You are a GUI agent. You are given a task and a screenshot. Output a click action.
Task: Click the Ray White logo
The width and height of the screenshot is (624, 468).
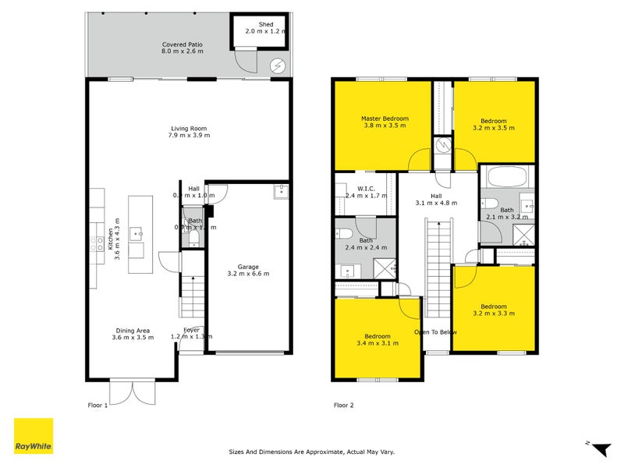click(34, 436)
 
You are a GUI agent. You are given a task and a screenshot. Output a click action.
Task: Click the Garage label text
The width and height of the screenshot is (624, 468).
click(248, 270)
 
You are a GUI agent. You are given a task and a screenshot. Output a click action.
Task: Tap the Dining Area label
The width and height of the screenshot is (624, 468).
click(130, 333)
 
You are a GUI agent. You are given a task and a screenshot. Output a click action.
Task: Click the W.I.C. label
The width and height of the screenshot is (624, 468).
click(367, 188)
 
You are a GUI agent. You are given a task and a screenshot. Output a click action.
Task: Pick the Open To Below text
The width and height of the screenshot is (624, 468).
click(435, 332)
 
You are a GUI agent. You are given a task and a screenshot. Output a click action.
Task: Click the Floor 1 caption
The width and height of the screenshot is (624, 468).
click(97, 405)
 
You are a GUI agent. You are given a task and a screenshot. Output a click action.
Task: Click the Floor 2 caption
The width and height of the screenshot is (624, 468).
click(344, 405)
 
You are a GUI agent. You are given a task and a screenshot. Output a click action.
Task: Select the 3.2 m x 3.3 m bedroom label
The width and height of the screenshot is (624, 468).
click(494, 310)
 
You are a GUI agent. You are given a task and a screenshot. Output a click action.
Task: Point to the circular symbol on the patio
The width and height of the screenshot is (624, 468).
click(276, 66)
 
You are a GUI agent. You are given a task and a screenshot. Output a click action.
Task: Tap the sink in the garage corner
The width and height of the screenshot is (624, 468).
click(280, 191)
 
